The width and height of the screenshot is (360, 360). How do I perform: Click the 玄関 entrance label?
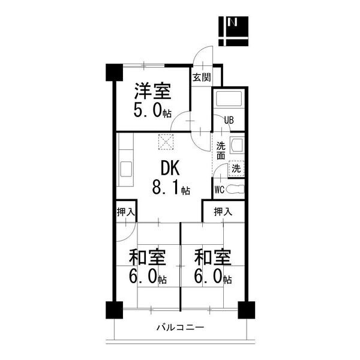202,77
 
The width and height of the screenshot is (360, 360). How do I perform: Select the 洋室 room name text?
152,91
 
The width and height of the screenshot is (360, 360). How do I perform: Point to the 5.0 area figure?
148,110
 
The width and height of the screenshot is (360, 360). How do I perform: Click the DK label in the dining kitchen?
170,168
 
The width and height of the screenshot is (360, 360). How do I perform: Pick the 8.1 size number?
166,187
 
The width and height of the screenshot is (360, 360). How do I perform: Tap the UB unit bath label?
229,120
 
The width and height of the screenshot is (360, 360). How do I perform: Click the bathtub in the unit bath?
229,99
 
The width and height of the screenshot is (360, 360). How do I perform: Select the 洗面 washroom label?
221,151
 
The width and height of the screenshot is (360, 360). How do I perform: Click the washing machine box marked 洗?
236,169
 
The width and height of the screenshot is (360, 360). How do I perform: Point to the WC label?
219,190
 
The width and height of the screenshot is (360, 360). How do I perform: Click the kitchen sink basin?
126,169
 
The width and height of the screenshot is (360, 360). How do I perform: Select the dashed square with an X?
166,142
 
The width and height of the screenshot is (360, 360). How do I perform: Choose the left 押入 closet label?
126,212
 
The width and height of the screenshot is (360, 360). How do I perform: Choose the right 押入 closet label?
223,212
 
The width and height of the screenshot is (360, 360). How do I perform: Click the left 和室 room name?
147,257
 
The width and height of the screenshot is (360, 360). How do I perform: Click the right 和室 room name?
212,257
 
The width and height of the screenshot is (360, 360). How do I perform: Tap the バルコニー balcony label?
180,327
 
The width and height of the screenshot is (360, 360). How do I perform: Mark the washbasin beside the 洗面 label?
236,146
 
